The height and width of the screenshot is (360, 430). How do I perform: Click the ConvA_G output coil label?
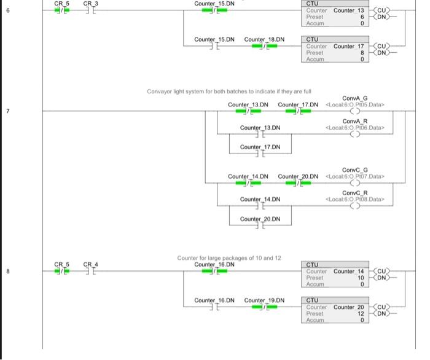(x=355, y=98)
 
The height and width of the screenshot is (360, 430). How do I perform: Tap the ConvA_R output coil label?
(x=355, y=121)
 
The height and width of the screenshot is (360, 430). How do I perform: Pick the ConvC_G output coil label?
(x=355, y=170)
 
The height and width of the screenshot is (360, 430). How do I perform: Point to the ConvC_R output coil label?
(x=355, y=193)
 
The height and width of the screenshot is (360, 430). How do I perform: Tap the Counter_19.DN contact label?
(x=264, y=300)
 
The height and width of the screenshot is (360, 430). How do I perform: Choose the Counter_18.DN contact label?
(x=264, y=39)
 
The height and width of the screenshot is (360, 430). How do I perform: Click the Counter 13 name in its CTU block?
(x=348, y=10)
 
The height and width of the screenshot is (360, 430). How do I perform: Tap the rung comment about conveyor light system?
(x=229, y=92)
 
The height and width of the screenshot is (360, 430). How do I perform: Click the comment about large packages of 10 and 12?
(x=229, y=258)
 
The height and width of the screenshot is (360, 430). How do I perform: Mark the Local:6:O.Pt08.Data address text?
(x=355, y=199)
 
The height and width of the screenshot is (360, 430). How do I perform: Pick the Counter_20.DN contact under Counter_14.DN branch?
(x=260, y=225)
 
